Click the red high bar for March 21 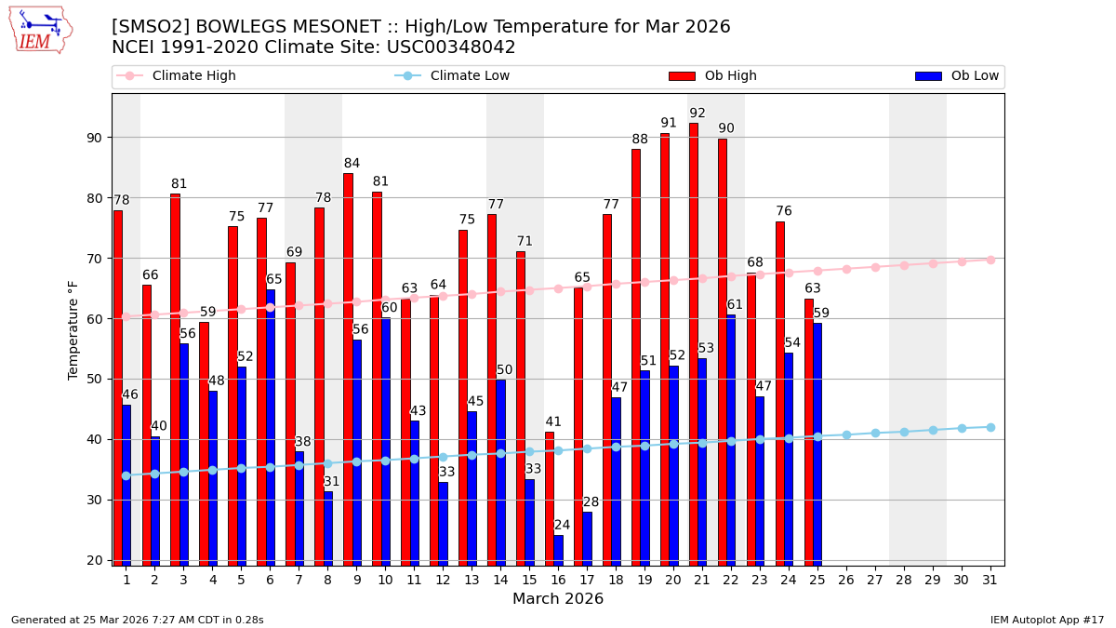tap(694, 343)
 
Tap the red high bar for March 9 tap(348, 368)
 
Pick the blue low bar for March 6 tap(271, 427)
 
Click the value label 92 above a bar tap(697, 114)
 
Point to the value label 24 tap(562, 526)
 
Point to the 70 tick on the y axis tap(94, 259)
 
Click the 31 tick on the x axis tap(990, 580)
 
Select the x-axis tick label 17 tap(587, 580)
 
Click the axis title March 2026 tap(558, 599)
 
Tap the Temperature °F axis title tap(74, 329)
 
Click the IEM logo tap(40, 31)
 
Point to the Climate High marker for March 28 tap(904, 265)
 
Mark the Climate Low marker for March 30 tap(962, 428)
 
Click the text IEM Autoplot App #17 tap(1046, 620)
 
